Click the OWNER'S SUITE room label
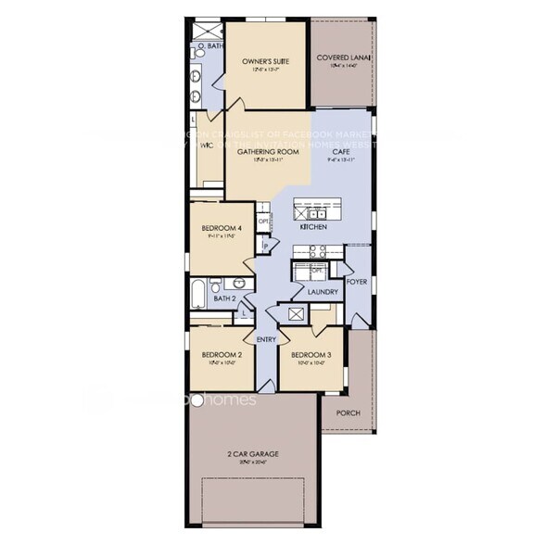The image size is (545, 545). click(266, 61)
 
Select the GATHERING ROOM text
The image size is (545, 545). click(267, 151)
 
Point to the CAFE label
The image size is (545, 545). click(341, 151)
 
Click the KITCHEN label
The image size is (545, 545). click(311, 226)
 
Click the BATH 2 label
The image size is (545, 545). click(224, 298)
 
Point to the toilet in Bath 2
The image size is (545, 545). click(216, 285)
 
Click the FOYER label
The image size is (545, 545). click(357, 280)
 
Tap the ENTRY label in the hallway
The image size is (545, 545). click(267, 339)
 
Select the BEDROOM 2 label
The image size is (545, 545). click(222, 355)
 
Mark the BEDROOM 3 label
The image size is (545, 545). click(311, 355)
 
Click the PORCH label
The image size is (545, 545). click(348, 413)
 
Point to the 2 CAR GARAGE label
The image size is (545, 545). click(253, 454)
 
